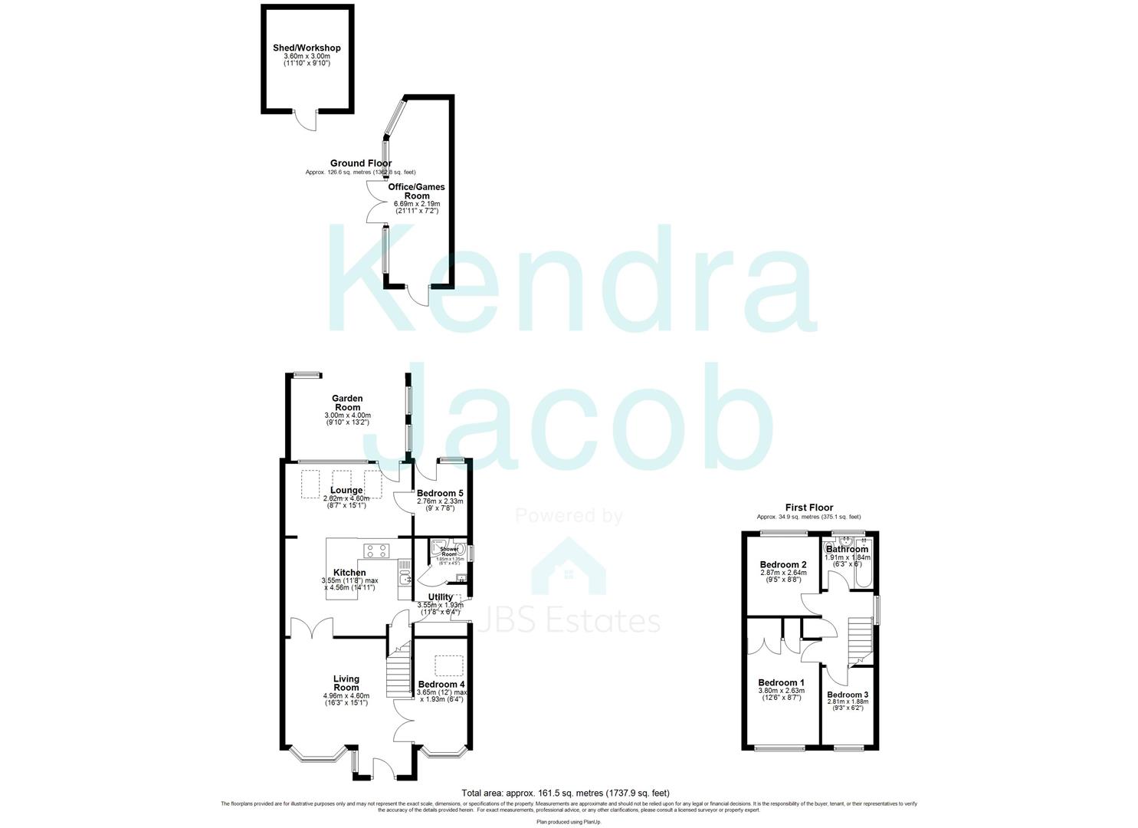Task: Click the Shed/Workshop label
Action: (x=307, y=48)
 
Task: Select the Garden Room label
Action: (x=347, y=402)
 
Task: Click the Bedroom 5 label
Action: (x=439, y=493)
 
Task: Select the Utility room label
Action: (x=440, y=597)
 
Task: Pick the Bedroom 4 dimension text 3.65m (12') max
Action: (x=441, y=692)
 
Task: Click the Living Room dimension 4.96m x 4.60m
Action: (x=346, y=696)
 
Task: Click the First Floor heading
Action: (x=808, y=507)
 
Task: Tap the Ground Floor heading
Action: (x=360, y=163)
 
